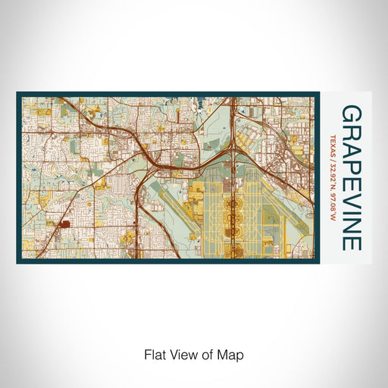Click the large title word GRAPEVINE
350,178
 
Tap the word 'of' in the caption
206,355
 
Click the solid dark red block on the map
64,224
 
